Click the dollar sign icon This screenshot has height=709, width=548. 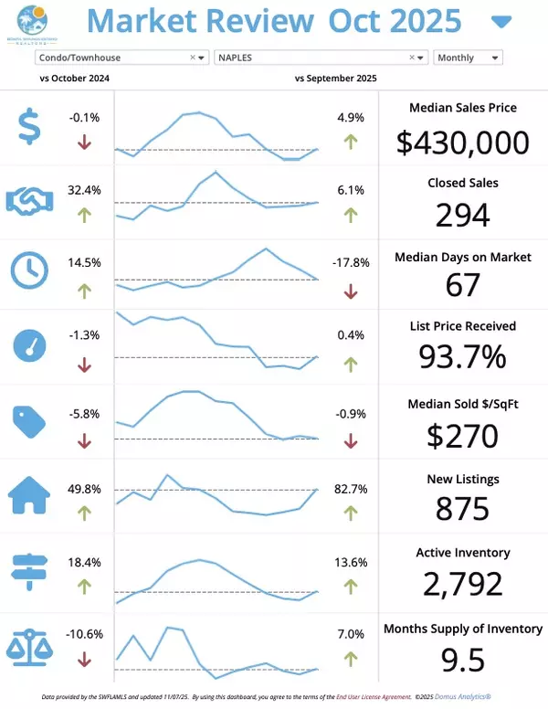tap(29, 127)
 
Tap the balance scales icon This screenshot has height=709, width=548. tap(29, 645)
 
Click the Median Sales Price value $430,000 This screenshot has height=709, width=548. tap(463, 142)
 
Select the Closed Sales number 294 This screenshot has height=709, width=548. tap(463, 215)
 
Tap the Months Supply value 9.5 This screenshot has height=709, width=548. tap(463, 659)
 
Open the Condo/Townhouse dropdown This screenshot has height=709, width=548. tap(121, 58)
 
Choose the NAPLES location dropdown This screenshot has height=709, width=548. tap(321, 58)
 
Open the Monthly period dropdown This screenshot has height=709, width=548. tap(468, 58)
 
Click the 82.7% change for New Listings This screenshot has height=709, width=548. tap(351, 490)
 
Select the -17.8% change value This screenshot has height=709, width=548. tap(351, 262)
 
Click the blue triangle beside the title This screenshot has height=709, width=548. tap(501, 22)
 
